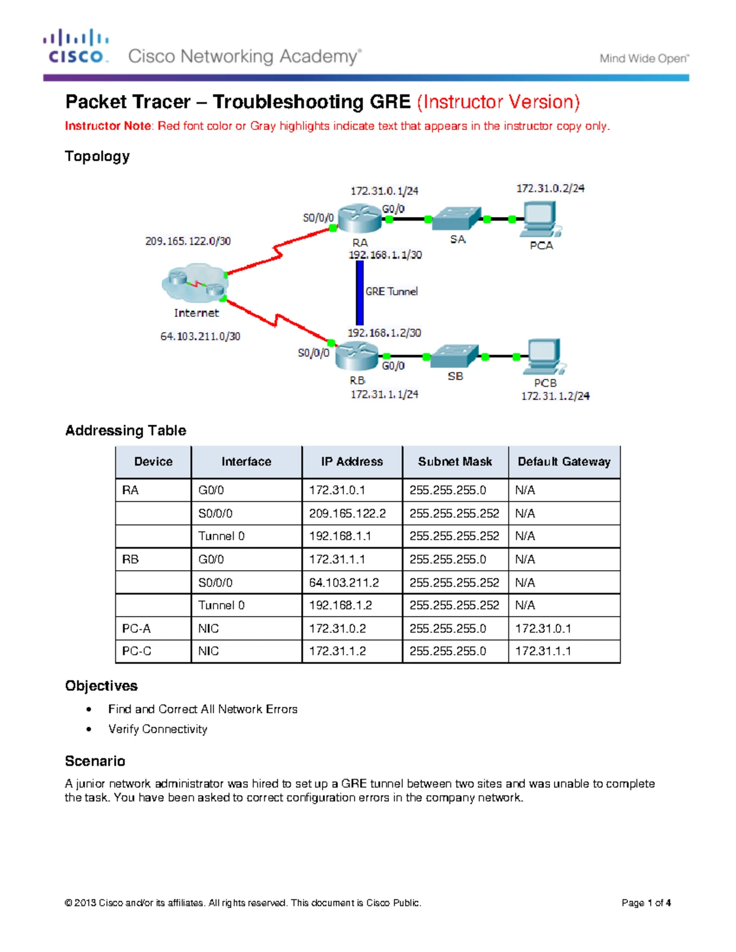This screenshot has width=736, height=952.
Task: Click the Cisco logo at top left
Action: (76, 47)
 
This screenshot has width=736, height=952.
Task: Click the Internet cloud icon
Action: (195, 284)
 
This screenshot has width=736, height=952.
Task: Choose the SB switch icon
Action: (454, 356)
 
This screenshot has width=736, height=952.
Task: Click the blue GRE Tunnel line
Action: (360, 293)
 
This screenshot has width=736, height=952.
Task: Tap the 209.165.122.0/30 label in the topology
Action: (188, 241)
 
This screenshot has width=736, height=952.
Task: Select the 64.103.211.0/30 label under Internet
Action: (200, 336)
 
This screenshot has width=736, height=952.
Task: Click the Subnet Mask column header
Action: (455, 462)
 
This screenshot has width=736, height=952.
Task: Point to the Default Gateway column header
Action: (564, 462)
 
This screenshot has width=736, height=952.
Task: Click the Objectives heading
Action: (101, 686)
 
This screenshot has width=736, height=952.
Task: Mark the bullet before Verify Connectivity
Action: (90, 729)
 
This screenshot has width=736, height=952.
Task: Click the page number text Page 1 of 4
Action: (646, 902)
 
